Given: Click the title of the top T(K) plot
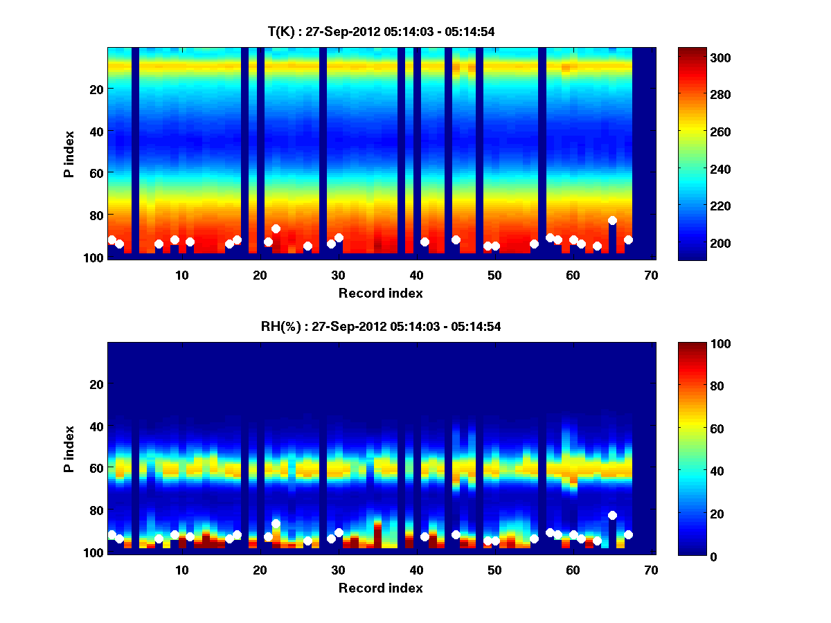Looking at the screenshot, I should (381, 31).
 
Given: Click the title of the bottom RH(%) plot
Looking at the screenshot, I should (381, 327).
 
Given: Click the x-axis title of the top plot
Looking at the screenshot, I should (381, 293).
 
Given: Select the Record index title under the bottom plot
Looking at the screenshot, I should (381, 588).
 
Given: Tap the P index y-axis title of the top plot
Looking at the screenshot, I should (69, 154).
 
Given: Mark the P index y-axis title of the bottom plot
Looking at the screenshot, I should (69, 449).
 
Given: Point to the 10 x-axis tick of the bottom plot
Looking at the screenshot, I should (181, 570).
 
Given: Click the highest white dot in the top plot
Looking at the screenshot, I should (612, 220).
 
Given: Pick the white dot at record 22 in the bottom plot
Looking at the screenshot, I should (276, 523).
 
